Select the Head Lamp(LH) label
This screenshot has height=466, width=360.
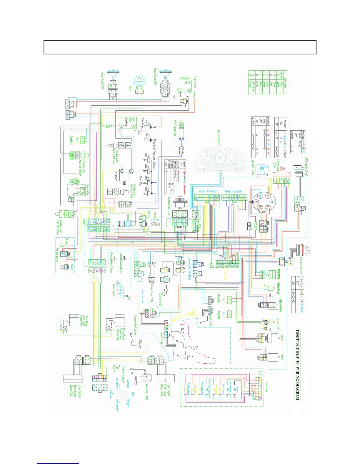(x=103, y=81)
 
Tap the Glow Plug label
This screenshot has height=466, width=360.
(x=140, y=180)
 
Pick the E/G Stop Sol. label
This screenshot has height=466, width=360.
(x=175, y=128)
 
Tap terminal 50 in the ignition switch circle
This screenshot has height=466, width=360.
(x=260, y=196)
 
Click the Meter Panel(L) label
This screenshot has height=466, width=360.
(x=208, y=191)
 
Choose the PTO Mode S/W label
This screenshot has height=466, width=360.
(x=306, y=167)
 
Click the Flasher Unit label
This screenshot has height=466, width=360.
(x=278, y=323)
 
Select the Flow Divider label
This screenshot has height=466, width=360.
(x=114, y=290)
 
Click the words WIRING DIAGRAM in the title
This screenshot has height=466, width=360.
(x=297, y=383)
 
